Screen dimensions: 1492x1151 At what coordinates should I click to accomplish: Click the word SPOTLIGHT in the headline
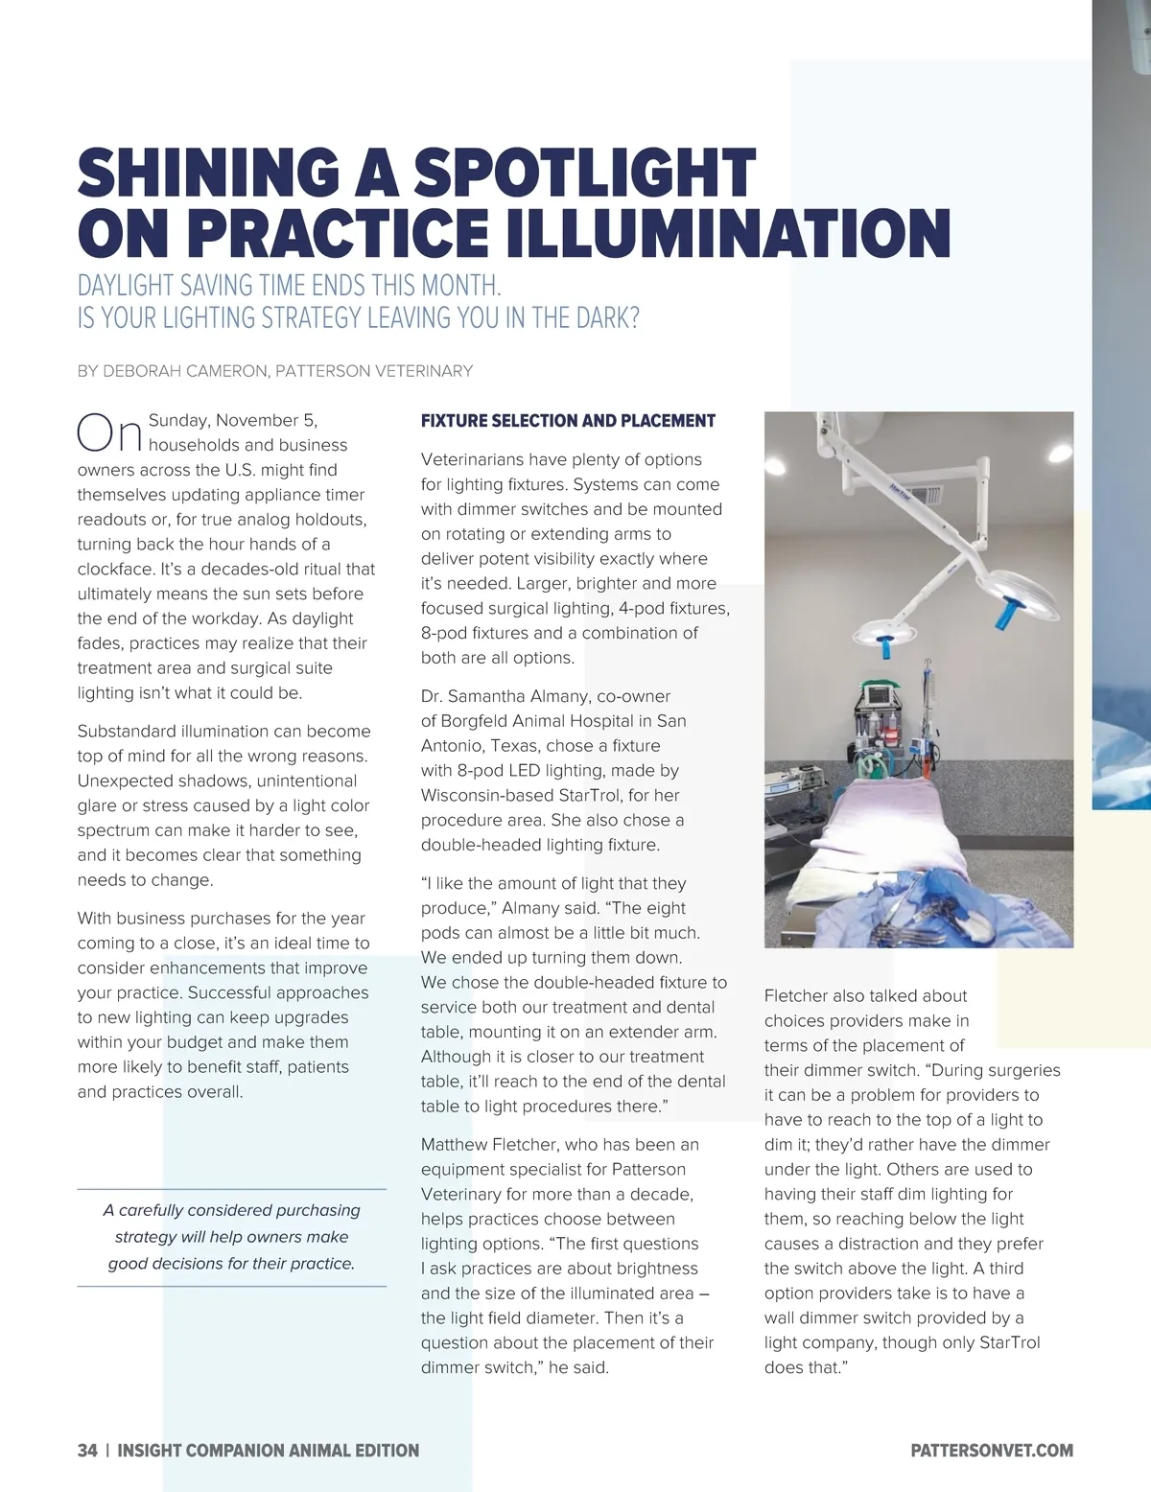click(584, 174)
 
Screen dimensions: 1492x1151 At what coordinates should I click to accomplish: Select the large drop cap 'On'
click(109, 433)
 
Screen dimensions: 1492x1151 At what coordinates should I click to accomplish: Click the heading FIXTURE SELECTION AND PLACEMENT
click(568, 421)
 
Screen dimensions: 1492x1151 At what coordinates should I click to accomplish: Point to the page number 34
click(87, 1451)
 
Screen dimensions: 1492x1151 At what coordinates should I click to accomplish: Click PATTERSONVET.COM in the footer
click(992, 1451)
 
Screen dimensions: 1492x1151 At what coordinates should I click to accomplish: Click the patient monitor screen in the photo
click(880, 693)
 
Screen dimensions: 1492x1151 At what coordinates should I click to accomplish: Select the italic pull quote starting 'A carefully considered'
click(231, 1237)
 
